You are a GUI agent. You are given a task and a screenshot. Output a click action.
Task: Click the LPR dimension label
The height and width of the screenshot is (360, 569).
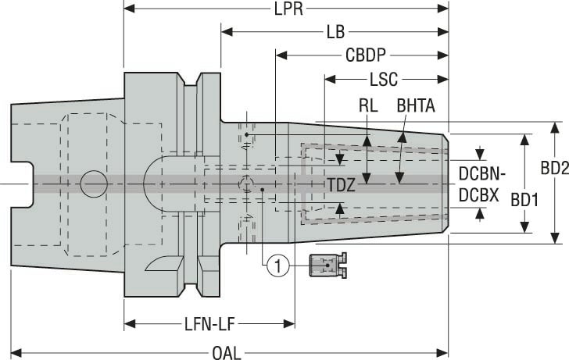tap(284, 9)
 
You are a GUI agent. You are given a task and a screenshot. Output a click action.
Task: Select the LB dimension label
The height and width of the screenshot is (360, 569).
tap(335, 33)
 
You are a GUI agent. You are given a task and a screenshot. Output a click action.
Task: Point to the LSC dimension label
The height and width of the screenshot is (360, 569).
tap(383, 80)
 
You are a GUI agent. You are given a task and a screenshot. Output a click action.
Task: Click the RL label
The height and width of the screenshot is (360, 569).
tap(368, 104)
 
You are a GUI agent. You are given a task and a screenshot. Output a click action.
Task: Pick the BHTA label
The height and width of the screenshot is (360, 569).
tap(416, 104)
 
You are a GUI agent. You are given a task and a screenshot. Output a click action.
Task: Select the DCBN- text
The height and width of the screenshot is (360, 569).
tap(482, 173)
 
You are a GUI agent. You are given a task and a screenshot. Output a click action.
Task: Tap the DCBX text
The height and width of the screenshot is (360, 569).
tap(478, 194)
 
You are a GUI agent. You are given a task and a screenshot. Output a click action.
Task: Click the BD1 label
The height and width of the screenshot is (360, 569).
tap(525, 199)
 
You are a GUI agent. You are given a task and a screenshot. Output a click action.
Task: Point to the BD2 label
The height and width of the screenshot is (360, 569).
tap(554, 167)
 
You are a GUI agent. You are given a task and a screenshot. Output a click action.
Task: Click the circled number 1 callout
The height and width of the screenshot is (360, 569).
tap(275, 267)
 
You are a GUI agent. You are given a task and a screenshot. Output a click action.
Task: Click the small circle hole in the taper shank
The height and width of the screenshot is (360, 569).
tap(93, 184)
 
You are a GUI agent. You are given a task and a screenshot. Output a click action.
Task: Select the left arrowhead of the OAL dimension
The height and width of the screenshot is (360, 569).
tap(16, 352)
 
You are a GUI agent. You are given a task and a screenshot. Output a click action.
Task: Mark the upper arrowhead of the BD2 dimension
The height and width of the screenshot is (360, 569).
tap(555, 127)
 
